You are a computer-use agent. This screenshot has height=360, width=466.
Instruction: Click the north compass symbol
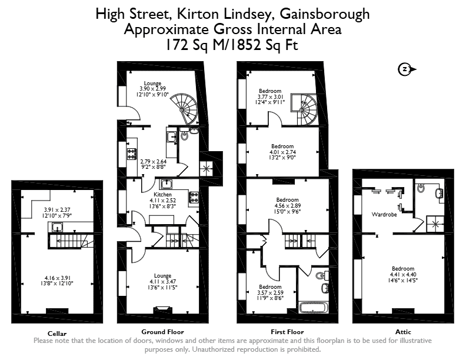[x=406, y=69]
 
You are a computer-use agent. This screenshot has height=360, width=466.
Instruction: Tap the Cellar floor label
[x=57, y=334]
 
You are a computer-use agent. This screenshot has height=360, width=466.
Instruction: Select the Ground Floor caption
[x=162, y=332]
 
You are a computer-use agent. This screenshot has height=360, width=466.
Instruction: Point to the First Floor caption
[x=287, y=332]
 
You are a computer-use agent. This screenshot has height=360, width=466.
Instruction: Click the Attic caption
[x=403, y=332]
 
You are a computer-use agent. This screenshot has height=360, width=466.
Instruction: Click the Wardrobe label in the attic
[x=384, y=214]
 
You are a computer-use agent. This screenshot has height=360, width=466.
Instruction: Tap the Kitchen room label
[x=162, y=194]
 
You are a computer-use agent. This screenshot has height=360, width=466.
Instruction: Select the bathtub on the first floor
[x=314, y=308]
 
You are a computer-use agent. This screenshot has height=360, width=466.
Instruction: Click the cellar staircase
[x=71, y=241]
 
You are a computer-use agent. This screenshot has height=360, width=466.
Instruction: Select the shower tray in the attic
[x=435, y=224]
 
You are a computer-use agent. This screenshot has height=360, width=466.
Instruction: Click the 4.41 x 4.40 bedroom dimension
[x=403, y=275]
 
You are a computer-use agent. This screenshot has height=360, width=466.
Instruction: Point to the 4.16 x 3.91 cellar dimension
[x=57, y=278]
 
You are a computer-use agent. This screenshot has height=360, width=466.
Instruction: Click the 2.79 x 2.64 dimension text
[x=154, y=162]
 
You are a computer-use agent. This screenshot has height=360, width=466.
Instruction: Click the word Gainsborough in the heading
[x=325, y=14]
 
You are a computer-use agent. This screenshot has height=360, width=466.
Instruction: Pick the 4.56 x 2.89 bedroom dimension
[x=287, y=205]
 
